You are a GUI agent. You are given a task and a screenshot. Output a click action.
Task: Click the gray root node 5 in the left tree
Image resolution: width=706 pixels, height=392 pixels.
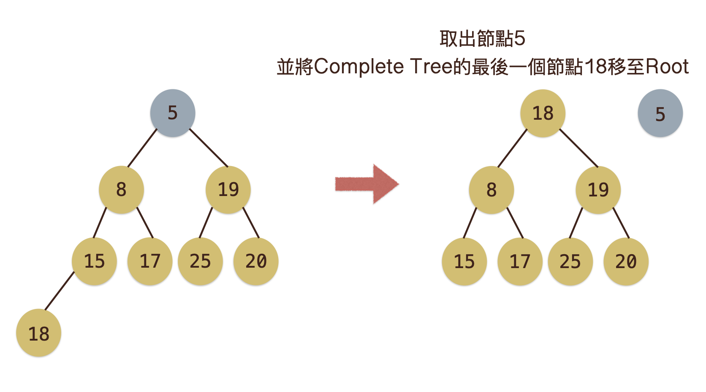pyautogui.click(x=173, y=113)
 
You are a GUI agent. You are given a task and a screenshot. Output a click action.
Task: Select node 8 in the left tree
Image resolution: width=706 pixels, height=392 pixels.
pyautogui.click(x=121, y=190)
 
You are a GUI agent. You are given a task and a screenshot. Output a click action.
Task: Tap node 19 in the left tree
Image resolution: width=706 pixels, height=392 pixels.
pyautogui.click(x=228, y=190)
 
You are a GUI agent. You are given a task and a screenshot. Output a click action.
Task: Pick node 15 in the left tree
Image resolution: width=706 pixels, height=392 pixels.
pyautogui.click(x=94, y=261)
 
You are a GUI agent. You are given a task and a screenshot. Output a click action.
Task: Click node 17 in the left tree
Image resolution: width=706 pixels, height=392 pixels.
pyautogui.click(x=150, y=261)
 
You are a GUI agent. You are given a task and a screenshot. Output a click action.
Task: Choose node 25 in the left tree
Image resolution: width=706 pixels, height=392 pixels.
pyautogui.click(x=200, y=261)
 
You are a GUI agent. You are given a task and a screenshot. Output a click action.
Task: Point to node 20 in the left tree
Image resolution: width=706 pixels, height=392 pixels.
pyautogui.click(x=256, y=261)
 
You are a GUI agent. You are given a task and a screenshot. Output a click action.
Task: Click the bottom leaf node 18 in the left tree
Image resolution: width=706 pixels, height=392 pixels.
pyautogui.click(x=38, y=333)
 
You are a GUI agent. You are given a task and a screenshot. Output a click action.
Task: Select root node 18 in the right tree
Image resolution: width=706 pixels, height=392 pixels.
pyautogui.click(x=543, y=113)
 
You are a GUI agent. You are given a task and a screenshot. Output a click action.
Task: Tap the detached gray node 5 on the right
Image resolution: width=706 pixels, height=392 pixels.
pyautogui.click(x=660, y=113)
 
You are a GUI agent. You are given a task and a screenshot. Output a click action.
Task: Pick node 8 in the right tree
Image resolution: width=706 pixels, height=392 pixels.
pyautogui.click(x=491, y=190)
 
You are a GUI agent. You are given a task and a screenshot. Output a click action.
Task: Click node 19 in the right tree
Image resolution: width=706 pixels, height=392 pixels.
pyautogui.click(x=598, y=190)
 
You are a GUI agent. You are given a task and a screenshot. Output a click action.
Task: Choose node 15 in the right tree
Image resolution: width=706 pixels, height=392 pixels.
pyautogui.click(x=464, y=262)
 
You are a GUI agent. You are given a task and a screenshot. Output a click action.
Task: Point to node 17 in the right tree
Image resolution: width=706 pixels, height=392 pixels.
pyautogui.click(x=520, y=262)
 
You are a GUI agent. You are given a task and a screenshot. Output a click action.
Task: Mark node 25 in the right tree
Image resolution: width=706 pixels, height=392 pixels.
pyautogui.click(x=570, y=262)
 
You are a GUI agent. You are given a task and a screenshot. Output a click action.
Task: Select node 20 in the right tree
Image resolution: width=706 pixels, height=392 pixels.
pyautogui.click(x=626, y=262)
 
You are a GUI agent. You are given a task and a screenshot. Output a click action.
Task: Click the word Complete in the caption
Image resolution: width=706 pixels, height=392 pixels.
pyautogui.click(x=358, y=67)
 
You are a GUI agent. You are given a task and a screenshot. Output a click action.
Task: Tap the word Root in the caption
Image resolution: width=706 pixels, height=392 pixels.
pyautogui.click(x=667, y=67)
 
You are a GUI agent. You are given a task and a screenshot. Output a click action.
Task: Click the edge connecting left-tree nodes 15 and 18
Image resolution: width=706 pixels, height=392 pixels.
pyautogui.click(x=60, y=291)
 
